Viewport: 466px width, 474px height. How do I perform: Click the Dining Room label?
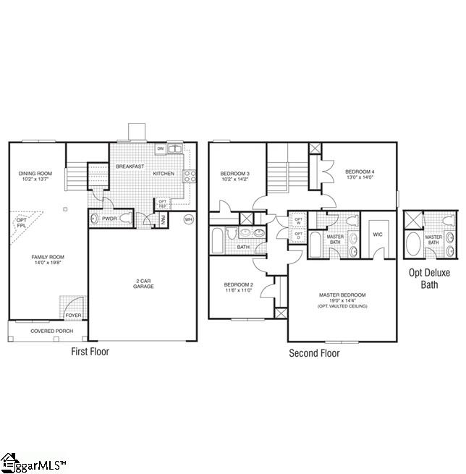point(35,173)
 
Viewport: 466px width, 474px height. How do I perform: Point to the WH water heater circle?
point(189,219)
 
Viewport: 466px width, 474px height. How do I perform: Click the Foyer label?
point(74,315)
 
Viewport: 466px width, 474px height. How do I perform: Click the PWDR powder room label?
point(109,218)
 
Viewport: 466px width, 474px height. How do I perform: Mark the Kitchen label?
point(164,174)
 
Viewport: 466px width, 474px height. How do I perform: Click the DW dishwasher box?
point(160,149)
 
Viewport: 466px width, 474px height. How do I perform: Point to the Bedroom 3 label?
point(235,174)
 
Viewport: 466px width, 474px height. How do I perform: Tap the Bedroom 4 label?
point(360,172)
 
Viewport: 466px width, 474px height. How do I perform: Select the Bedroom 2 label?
point(237,285)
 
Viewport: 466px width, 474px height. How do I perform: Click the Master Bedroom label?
point(342,295)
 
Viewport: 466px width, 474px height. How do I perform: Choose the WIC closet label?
point(377,234)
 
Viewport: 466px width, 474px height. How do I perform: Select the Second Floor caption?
point(314,353)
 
